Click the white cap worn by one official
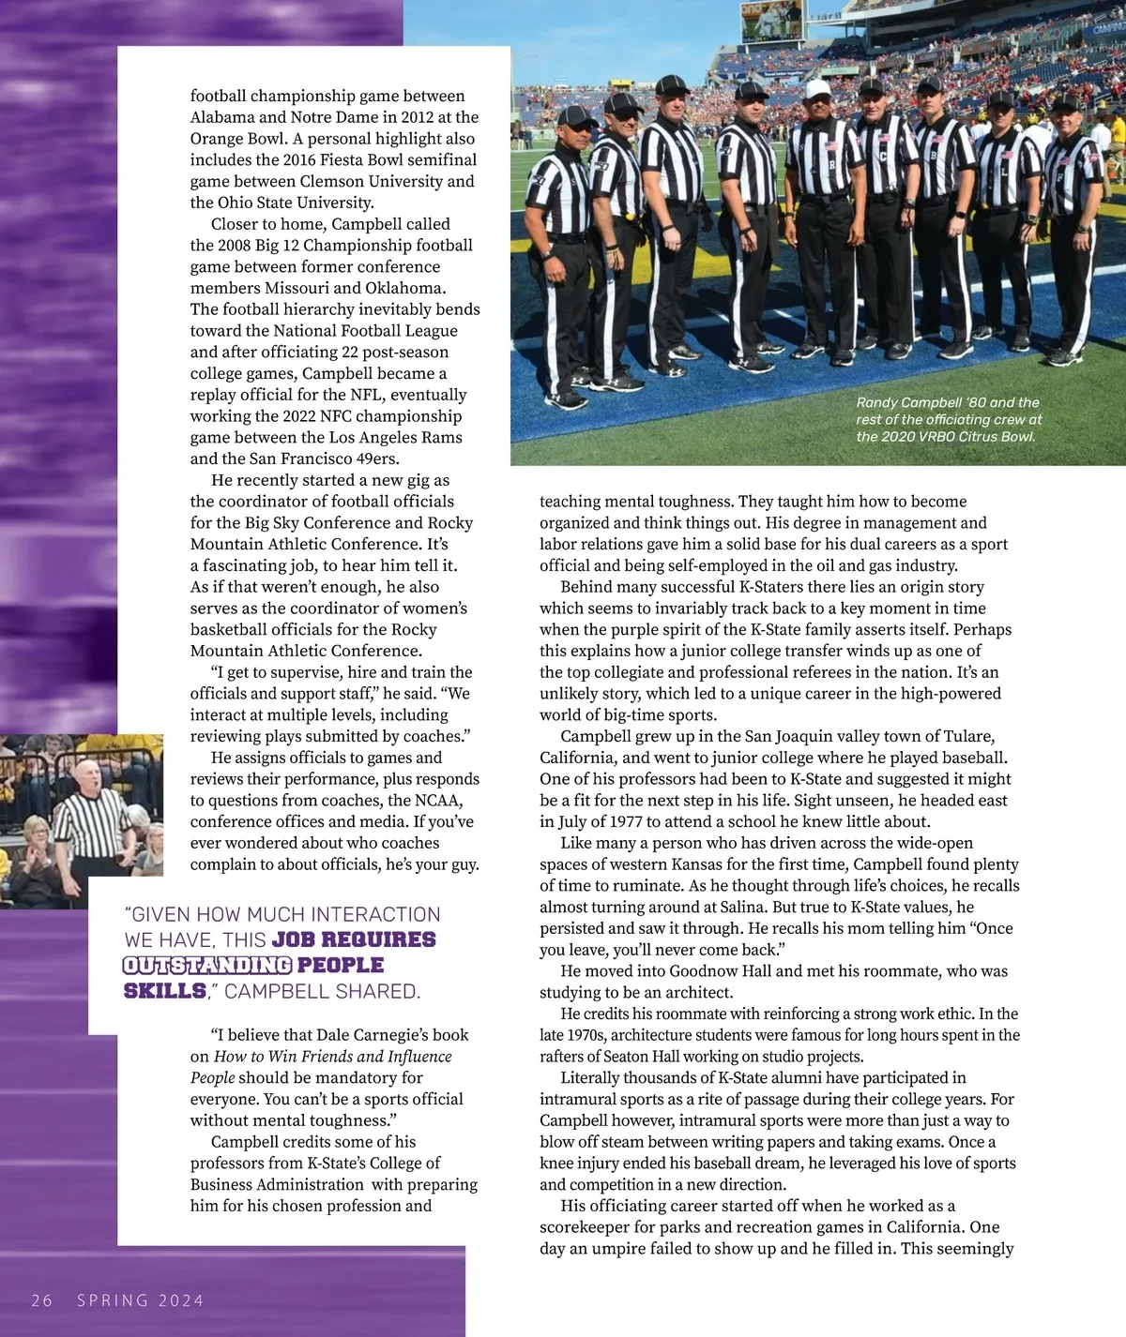817,89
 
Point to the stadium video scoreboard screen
772,20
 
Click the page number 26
42,1299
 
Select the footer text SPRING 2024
140,1299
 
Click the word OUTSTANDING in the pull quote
207,965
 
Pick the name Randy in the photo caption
877,402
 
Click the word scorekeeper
586,1226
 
